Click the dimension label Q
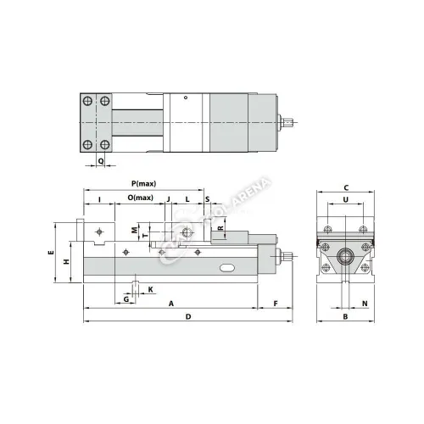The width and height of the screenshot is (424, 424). pos(101,160)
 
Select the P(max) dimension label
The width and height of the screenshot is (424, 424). pos(143,184)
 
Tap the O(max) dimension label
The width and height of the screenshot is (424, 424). pos(141,198)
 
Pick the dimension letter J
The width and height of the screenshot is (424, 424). pos(169,198)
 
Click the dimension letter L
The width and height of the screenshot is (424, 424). pos(187,198)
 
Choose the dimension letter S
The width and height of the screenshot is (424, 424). pos(208,198)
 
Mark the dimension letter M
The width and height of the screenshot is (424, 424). pos(134,230)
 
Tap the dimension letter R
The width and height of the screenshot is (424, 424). pos(220,229)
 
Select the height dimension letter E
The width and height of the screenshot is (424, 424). pos(51,254)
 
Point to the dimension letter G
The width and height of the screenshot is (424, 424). pos(126,298)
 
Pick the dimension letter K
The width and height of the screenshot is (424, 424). pos(150,289)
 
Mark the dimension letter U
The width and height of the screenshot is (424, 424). pos(345,200)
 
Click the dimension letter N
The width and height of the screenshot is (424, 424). pos(364,303)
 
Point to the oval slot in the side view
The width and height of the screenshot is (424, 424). pos(228,269)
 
